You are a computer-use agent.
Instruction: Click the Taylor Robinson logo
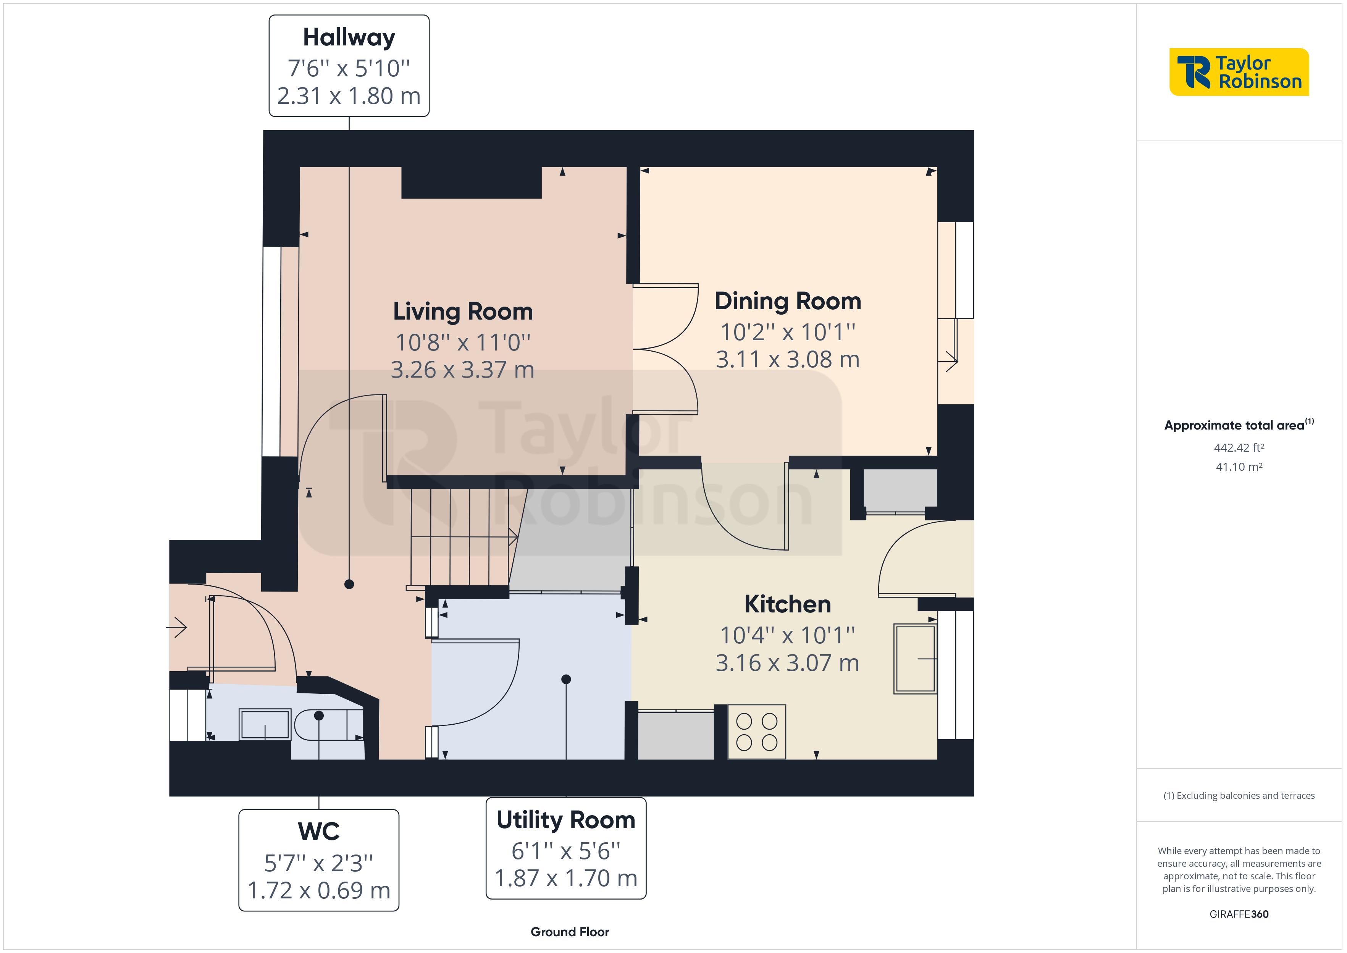[1239, 72]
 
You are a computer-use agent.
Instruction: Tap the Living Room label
[462, 311]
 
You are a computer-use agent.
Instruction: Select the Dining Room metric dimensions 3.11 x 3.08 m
[787, 359]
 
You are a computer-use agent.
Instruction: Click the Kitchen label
[787, 604]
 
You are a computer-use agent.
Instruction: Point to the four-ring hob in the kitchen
[756, 732]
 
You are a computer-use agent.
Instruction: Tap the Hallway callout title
[349, 37]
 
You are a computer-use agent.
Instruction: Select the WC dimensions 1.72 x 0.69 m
[318, 890]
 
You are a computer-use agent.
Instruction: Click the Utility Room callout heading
[565, 820]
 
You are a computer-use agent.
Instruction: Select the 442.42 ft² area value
[1239, 448]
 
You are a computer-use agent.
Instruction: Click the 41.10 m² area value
[1239, 467]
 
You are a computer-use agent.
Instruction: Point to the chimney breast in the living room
[471, 183]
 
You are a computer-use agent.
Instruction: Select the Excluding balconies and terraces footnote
[1239, 796]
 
